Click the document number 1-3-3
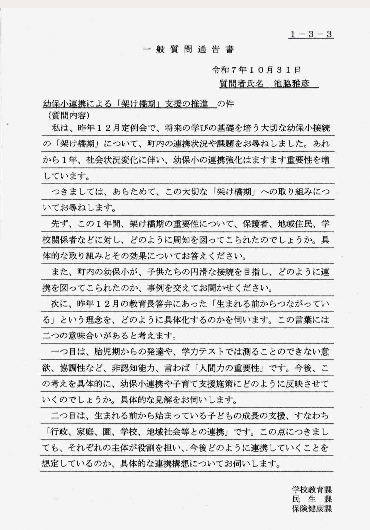tap(311, 34)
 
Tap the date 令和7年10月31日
tap(256, 70)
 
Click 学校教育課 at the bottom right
tap(312, 489)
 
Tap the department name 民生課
tap(312, 499)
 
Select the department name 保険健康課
tap(312, 508)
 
